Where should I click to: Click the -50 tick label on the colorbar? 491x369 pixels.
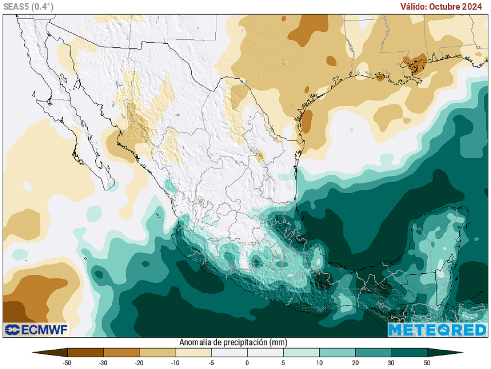tap(68, 363)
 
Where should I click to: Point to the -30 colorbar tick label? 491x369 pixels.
tap(103, 363)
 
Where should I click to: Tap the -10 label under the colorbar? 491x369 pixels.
tap(175, 363)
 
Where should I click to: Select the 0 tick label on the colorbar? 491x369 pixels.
tap(247, 363)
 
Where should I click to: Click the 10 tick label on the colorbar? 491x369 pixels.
tap(319, 363)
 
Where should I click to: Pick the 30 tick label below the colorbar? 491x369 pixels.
tap(391, 363)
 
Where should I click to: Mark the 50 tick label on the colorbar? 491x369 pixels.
tap(427, 363)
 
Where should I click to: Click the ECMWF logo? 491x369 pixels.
tap(36, 330)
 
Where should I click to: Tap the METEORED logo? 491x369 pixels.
tap(437, 330)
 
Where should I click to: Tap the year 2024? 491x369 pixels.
tap(474, 7)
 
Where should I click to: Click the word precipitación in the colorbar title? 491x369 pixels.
tap(245, 342)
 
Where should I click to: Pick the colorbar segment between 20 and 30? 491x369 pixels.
tap(373, 353)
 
